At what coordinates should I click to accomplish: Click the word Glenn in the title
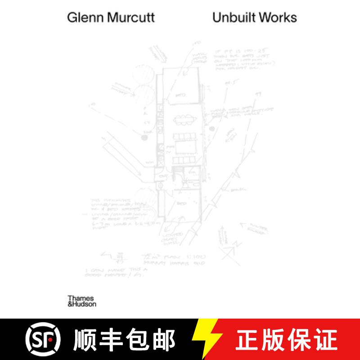tap(81, 18)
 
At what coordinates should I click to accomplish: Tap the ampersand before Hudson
tap(70, 304)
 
